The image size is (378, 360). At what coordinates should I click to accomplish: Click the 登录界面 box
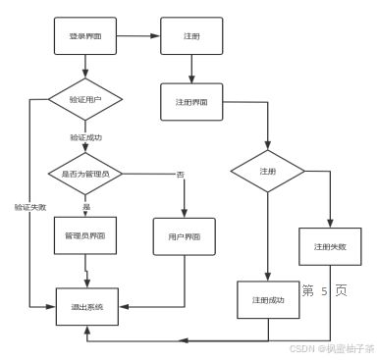pyautogui.click(x=85, y=35)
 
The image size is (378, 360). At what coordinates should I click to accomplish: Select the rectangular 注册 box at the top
pyautogui.click(x=190, y=35)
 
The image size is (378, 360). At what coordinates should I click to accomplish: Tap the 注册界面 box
pyautogui.click(x=192, y=102)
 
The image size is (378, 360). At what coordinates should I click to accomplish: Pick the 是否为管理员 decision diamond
pyautogui.click(x=85, y=173)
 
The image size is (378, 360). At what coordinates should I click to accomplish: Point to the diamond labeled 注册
pyautogui.click(x=267, y=171)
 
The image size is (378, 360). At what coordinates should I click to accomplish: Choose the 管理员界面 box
pyautogui.click(x=85, y=236)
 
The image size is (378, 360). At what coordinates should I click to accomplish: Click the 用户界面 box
pyautogui.click(x=184, y=236)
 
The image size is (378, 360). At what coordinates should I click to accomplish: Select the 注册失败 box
pyautogui.click(x=330, y=246)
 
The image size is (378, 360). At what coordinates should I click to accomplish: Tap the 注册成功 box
pyautogui.click(x=267, y=300)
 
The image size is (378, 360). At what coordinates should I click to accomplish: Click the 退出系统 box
pyautogui.click(x=86, y=307)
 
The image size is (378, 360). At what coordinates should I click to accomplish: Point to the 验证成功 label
pyautogui.click(x=85, y=138)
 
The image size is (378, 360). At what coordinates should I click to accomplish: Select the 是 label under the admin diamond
pyautogui.click(x=85, y=207)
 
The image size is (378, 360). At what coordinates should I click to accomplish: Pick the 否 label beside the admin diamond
pyautogui.click(x=180, y=174)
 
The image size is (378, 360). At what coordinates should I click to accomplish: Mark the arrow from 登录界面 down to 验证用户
pyautogui.click(x=85, y=68)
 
